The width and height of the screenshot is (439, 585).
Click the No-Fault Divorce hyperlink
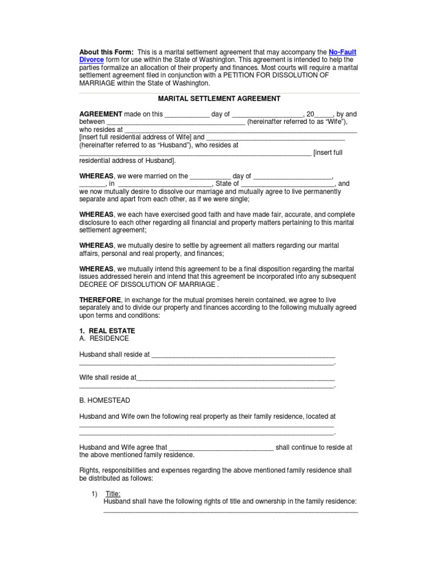click(x=342, y=52)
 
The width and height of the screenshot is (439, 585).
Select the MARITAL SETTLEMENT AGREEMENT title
click(x=219, y=99)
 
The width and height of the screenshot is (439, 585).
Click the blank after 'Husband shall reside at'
click(x=243, y=355)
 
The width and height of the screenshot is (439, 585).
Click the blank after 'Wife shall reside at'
click(x=236, y=378)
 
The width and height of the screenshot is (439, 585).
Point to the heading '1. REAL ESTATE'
click(x=107, y=331)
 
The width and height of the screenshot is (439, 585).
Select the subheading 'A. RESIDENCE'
click(x=104, y=338)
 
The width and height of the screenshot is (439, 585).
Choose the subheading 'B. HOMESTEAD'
click(x=105, y=400)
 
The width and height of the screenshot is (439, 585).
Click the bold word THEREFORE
click(x=100, y=300)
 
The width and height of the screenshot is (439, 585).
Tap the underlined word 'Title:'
click(x=113, y=494)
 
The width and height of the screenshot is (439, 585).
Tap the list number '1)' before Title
click(x=94, y=494)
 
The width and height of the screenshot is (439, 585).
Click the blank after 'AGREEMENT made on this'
click(x=187, y=115)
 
